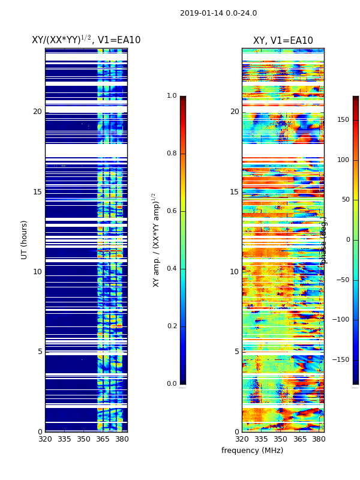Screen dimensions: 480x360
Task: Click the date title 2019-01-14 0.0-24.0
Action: tap(218, 13)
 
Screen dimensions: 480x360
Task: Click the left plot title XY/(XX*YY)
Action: tap(86, 40)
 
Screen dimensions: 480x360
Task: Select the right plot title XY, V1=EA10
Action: tap(283, 41)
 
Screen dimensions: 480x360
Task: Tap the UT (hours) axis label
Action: tap(25, 239)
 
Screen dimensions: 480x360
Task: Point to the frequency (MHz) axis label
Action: tap(252, 451)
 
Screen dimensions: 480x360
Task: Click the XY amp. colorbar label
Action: tap(156, 240)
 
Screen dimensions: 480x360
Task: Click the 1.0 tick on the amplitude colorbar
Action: tap(172, 96)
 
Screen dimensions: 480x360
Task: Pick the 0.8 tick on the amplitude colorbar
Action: tap(172, 154)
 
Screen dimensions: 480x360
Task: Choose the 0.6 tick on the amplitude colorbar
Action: tap(172, 211)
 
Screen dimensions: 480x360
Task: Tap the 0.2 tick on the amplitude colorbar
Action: tap(172, 326)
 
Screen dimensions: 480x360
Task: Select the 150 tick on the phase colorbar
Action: tap(343, 120)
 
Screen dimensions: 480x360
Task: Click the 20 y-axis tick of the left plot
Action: tap(37, 112)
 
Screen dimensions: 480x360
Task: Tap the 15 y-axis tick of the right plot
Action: tap(234, 192)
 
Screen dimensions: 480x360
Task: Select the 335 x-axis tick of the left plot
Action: tap(64, 439)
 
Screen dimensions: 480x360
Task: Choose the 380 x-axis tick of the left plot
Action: tap(122, 439)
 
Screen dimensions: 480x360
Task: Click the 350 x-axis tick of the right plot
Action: tap(280, 439)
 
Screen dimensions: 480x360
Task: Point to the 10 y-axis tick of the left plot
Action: tap(37, 272)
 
